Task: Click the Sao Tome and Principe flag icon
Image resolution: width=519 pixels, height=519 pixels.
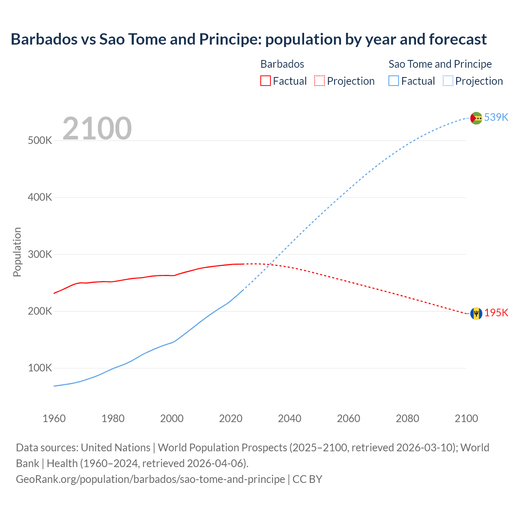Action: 476,118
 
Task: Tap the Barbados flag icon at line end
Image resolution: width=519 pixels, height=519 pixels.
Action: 476,313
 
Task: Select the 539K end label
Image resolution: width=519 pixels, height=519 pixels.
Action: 496,117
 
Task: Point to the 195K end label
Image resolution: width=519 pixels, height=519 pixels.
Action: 496,313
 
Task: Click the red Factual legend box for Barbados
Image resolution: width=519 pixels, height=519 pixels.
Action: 265,81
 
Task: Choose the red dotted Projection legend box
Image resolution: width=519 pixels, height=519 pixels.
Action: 320,81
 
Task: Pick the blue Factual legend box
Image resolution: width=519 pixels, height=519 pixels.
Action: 394,81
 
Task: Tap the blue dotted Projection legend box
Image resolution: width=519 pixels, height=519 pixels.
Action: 448,81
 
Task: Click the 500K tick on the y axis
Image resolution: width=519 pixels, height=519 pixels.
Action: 40,141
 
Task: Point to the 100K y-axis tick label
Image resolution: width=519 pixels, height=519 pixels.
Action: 40,368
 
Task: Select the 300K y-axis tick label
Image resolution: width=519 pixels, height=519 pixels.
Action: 40,255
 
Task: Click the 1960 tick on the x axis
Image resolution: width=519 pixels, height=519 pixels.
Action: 54,418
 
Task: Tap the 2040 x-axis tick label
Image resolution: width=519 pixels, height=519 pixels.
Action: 290,418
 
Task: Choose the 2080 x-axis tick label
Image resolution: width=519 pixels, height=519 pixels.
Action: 407,418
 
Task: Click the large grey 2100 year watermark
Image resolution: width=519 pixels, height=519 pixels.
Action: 97,129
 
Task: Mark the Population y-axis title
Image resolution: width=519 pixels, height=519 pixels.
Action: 17,252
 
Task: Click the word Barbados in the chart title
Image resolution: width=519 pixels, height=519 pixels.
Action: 44,39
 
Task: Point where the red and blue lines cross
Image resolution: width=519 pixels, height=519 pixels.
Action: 273,265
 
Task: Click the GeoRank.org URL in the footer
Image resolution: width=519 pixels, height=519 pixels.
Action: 150,479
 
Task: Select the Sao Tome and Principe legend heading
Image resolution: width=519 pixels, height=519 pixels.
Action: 440,64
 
